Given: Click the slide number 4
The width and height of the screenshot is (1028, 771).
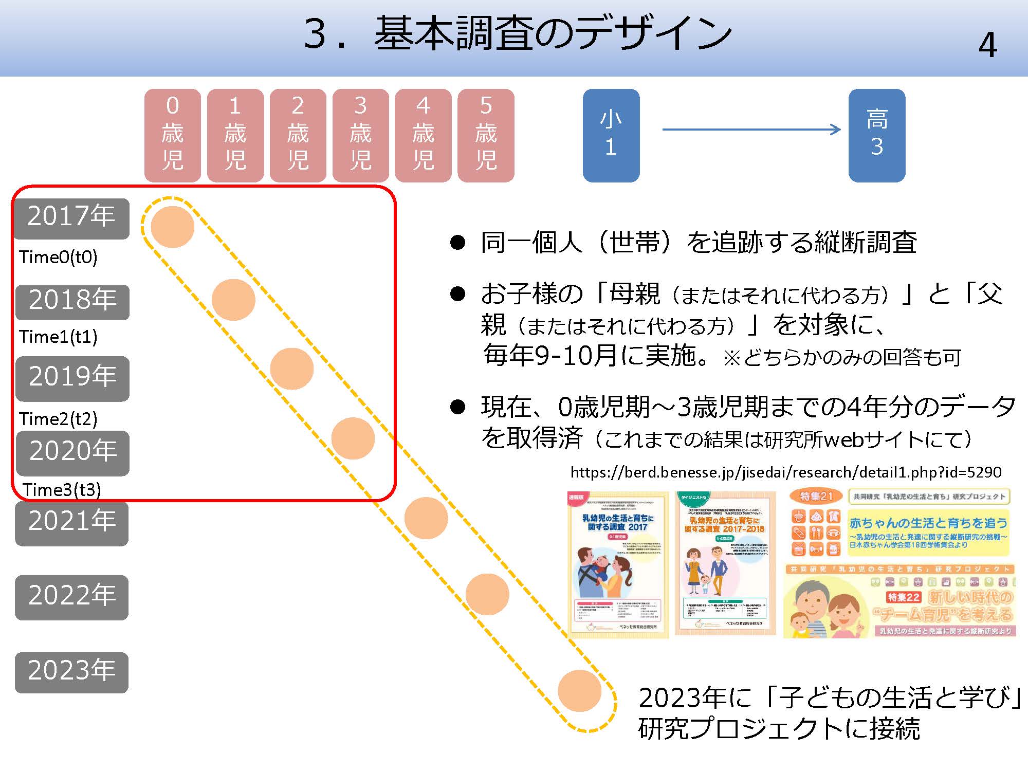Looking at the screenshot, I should pyautogui.click(x=987, y=45).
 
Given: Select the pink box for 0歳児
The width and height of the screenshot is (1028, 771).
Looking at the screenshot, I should pyautogui.click(x=173, y=135).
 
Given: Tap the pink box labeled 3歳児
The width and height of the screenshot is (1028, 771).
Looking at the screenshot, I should pyautogui.click(x=360, y=135).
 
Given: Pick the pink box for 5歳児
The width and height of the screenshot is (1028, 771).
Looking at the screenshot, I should pyautogui.click(x=486, y=135).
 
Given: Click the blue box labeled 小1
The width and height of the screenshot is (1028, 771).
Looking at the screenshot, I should pyautogui.click(x=611, y=135).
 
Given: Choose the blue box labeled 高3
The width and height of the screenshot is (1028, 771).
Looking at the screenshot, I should pyautogui.click(x=877, y=135).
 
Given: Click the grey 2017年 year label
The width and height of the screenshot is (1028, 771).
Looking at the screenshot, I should pyautogui.click(x=71, y=217).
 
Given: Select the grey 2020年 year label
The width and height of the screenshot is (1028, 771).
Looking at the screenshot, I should pyautogui.click(x=72, y=452).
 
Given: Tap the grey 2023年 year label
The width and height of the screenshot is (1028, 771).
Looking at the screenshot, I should pyautogui.click(x=71, y=671).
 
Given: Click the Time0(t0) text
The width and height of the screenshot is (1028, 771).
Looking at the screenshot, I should pyautogui.click(x=58, y=257).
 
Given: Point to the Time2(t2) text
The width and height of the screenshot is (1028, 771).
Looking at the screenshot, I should pyautogui.click(x=58, y=419).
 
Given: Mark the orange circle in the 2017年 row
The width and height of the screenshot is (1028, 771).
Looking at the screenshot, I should pyautogui.click(x=172, y=227).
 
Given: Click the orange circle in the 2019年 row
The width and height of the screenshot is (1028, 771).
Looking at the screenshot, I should pyautogui.click(x=291, y=369).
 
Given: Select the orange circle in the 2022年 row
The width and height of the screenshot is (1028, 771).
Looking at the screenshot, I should pyautogui.click(x=487, y=594).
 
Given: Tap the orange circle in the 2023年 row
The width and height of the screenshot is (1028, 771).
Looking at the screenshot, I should pyautogui.click(x=579, y=691).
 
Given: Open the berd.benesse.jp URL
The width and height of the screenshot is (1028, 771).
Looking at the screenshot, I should pyautogui.click(x=785, y=472).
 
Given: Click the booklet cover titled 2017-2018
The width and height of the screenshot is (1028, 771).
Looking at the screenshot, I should pyautogui.click(x=725, y=563).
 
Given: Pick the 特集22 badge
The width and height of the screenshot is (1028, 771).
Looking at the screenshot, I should pyautogui.click(x=904, y=597).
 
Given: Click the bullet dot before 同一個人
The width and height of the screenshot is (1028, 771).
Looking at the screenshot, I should pyautogui.click(x=457, y=243).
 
